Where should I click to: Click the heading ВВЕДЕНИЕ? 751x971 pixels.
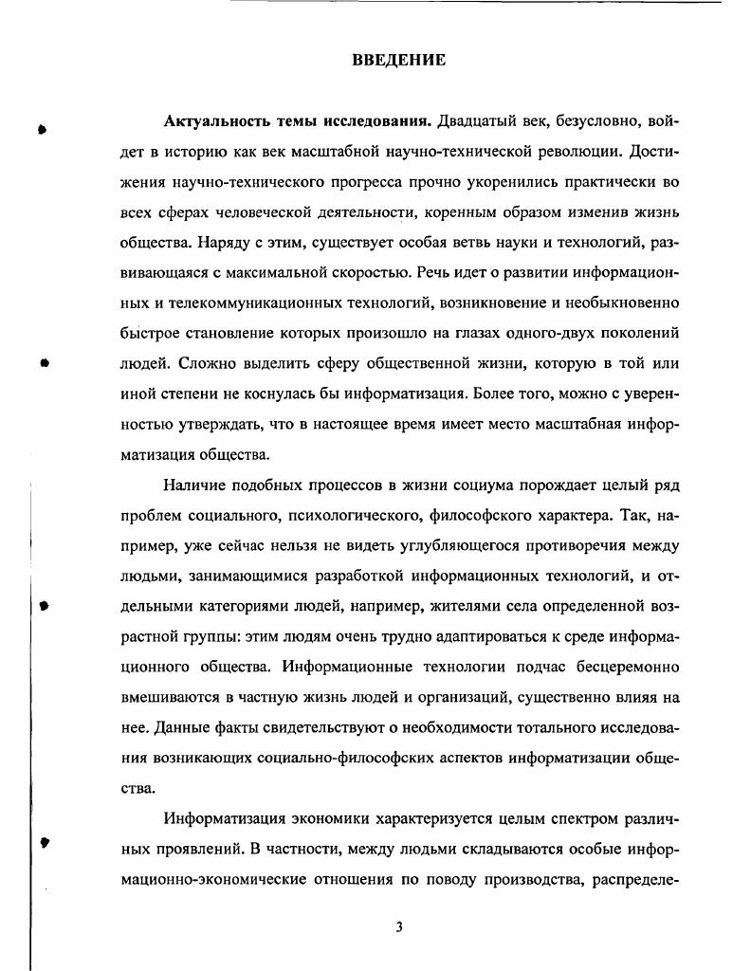tap(398, 61)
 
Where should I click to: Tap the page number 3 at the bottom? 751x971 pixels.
tap(399, 926)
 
